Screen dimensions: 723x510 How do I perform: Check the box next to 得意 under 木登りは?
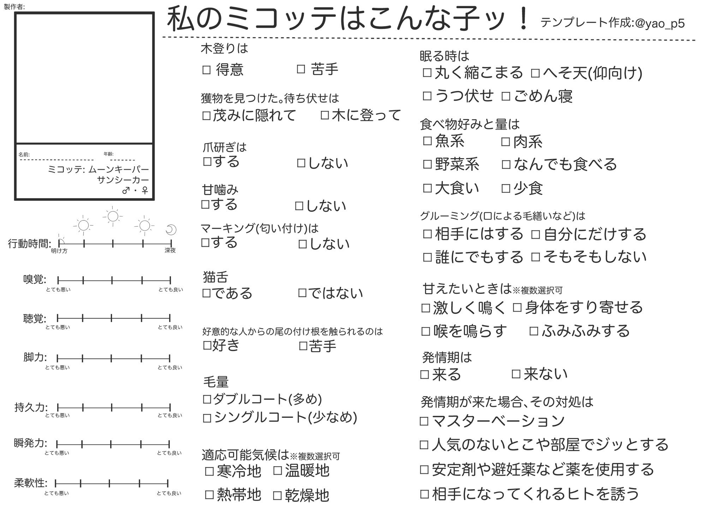click(207, 70)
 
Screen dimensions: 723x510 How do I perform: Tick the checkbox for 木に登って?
click(325, 115)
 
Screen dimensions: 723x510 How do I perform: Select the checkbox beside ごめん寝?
click(506, 96)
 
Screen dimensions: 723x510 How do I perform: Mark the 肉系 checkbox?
click(506, 142)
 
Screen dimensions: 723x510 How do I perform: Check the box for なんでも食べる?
click(506, 164)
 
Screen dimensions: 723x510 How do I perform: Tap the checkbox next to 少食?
click(506, 188)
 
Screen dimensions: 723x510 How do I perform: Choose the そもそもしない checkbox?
click(536, 257)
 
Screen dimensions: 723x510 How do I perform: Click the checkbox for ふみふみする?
click(534, 331)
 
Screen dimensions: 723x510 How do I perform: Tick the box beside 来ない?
click(516, 374)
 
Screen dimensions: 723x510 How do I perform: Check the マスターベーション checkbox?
click(424, 421)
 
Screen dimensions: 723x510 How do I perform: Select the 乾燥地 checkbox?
click(277, 496)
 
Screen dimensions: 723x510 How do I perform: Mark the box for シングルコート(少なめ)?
click(207, 418)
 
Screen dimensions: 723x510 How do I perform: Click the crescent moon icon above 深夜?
click(171, 230)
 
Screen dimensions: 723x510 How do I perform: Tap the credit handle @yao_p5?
click(659, 24)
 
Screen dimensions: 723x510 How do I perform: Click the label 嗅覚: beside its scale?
click(35, 279)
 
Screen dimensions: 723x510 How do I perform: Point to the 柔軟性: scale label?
click(31, 483)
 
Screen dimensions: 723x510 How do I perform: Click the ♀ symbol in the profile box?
click(145, 191)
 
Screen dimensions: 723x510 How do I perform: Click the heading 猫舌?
click(215, 277)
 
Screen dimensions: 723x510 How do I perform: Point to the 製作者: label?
click(14, 7)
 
